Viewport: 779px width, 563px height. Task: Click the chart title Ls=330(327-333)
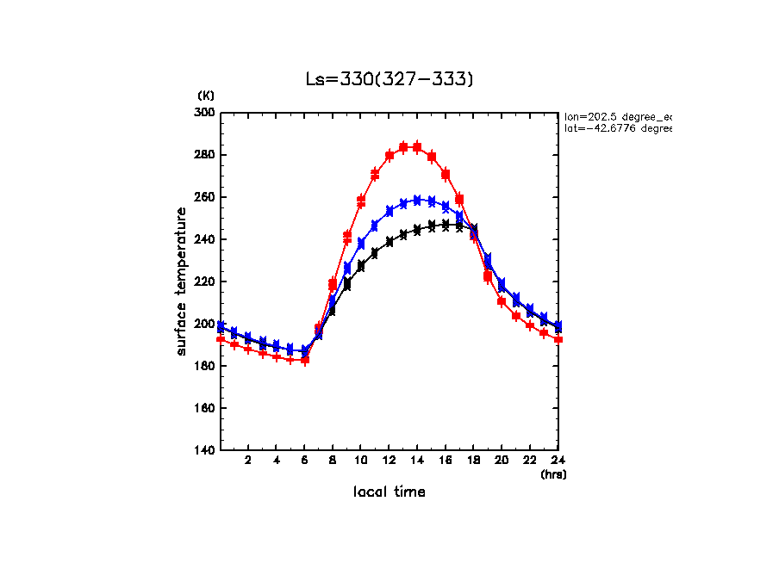point(389,79)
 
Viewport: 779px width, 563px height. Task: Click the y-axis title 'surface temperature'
point(182,281)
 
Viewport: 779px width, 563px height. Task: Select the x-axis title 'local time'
point(389,492)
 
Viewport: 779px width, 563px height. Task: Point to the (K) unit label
point(206,95)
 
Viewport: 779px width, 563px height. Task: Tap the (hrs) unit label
point(553,473)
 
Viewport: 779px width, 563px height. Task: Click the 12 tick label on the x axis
point(389,461)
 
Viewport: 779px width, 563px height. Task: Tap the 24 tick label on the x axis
point(558,461)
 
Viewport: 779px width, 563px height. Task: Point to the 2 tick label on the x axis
point(248,461)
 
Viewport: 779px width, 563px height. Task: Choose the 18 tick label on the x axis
point(474,461)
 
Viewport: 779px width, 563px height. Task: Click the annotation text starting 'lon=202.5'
point(617,115)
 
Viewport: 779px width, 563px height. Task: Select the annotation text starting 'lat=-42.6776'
point(617,128)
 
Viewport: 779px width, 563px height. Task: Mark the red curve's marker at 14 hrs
point(417,147)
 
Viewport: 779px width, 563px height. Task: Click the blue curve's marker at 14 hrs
point(417,201)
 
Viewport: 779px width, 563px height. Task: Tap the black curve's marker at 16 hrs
point(446,225)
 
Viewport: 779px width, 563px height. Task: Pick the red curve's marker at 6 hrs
point(305,360)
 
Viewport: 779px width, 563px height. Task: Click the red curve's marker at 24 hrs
point(558,339)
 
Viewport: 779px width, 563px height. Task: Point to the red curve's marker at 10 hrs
point(361,201)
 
